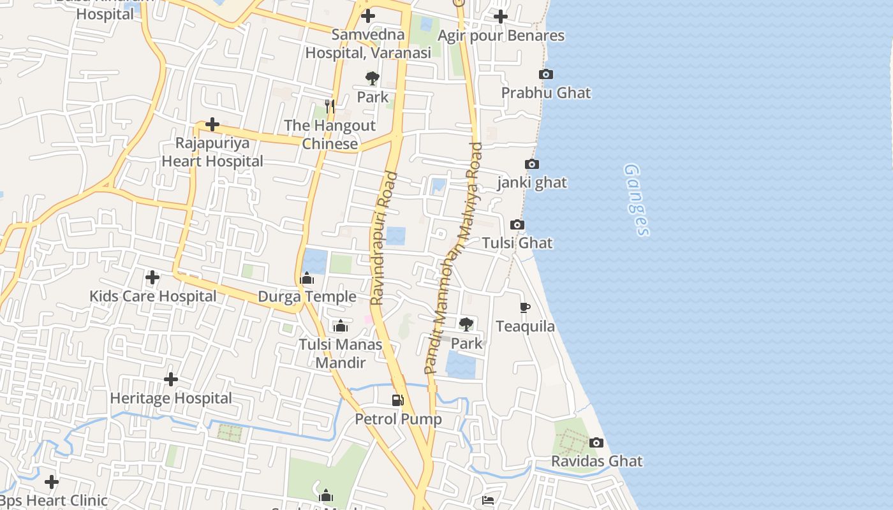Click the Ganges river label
[637, 200]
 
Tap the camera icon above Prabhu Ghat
[546, 75]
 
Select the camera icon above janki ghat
[532, 164]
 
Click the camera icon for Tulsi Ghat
[517, 225]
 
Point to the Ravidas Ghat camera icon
[596, 442]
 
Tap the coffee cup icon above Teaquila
[525, 308]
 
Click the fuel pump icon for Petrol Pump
[398, 400]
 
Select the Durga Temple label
[307, 296]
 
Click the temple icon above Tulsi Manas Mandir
[341, 326]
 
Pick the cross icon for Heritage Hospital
[171, 379]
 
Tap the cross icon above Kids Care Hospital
[152, 277]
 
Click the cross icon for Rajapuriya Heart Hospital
[212, 124]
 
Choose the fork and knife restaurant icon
[330, 106]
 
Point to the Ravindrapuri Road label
[384, 238]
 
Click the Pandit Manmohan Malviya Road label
[454, 258]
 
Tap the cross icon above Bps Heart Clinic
[52, 482]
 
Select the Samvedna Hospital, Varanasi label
[368, 43]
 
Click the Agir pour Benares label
[501, 36]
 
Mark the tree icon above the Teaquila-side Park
[466, 324]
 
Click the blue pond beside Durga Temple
[316, 261]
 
